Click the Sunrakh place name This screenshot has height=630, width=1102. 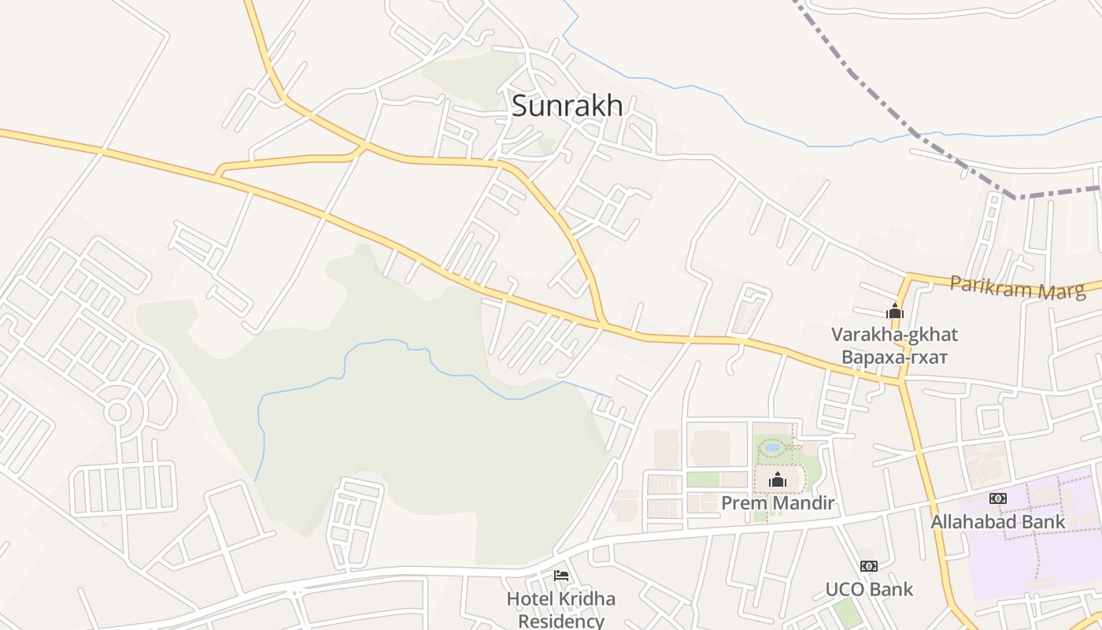coord(567,106)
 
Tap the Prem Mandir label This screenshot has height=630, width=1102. coord(778,502)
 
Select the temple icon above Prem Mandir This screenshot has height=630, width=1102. coord(778,480)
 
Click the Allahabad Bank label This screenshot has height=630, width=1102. coord(997,521)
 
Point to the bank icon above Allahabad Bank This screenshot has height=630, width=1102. coord(997,498)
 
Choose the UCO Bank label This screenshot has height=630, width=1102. coord(869,589)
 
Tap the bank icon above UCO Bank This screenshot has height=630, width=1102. coord(869,566)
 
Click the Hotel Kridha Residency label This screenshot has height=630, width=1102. coord(560,610)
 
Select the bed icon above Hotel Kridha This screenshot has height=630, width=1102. coord(561,576)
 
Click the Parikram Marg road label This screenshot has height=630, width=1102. coord(1017,287)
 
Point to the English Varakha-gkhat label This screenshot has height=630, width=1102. coord(894,335)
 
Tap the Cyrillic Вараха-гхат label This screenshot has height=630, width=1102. coord(894,358)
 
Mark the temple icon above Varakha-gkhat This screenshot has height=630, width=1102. coord(894,312)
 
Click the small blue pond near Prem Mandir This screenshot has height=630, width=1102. coord(772,447)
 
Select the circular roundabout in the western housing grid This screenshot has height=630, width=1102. coord(117,411)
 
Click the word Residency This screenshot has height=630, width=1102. coord(560,621)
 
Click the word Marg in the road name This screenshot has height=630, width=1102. coord(1063,290)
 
